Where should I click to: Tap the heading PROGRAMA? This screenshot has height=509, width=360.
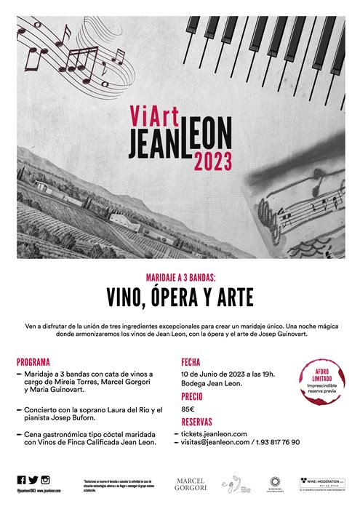pyautogui.click(x=33, y=361)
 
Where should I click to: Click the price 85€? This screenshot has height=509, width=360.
pyautogui.click(x=188, y=409)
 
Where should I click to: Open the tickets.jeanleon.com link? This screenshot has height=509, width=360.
pyautogui.click(x=223, y=434)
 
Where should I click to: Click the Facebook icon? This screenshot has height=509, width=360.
pyautogui.click(x=20, y=479)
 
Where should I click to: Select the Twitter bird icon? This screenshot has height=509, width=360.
pyautogui.click(x=33, y=479)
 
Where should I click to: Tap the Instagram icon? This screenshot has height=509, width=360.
pyautogui.click(x=45, y=479)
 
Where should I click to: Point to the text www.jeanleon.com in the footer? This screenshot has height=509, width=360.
pyautogui.click(x=49, y=492)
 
